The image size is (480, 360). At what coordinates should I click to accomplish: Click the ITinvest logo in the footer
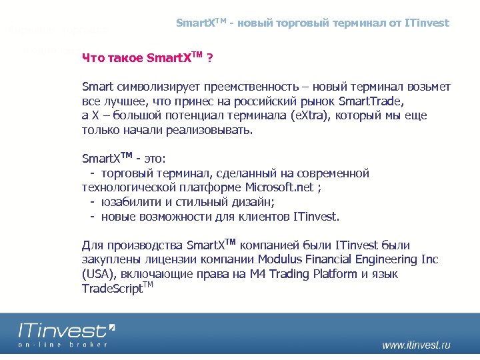(65, 331)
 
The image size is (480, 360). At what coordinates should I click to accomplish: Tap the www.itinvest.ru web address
(416, 345)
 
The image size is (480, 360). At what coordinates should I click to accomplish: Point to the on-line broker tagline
(63, 344)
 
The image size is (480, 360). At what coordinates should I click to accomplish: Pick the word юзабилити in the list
(130, 202)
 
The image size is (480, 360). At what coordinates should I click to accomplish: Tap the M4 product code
(258, 275)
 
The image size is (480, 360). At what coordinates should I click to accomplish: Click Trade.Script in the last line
(112, 289)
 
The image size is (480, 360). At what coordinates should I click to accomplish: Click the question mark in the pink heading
(210, 59)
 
